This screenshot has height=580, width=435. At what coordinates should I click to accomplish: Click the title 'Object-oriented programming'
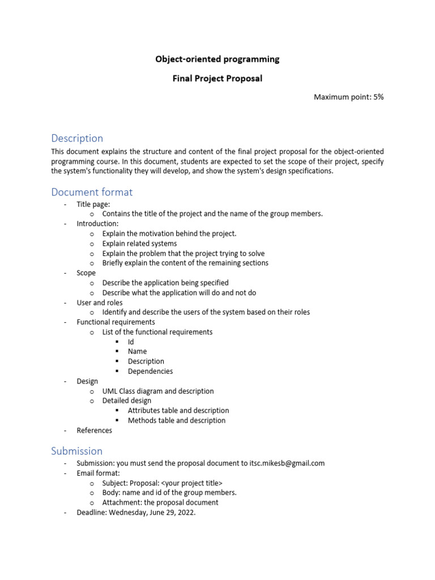click(217, 59)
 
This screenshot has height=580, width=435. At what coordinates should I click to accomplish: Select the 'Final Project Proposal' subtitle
click(217, 79)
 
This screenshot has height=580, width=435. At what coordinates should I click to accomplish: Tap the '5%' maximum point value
click(378, 97)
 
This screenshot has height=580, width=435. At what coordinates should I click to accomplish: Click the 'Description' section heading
click(77, 138)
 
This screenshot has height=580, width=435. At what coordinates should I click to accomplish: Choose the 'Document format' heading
click(92, 192)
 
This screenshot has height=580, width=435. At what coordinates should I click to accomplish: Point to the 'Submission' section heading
click(77, 451)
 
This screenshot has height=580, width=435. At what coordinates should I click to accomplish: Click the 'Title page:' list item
click(93, 204)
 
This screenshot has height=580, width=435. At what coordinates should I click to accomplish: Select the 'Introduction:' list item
click(97, 224)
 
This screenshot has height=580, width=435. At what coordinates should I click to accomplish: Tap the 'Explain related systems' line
click(139, 244)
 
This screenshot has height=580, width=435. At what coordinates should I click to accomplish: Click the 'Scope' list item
click(86, 273)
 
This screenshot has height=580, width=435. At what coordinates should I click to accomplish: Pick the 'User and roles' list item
click(100, 302)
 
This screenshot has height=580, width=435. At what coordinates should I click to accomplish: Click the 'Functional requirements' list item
click(116, 322)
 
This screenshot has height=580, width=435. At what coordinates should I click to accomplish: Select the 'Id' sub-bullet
click(131, 342)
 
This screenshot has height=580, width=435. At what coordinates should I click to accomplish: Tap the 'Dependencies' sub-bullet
click(150, 371)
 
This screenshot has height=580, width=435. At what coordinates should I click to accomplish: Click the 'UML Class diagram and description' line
click(158, 391)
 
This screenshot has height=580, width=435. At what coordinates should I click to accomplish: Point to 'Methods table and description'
click(177, 420)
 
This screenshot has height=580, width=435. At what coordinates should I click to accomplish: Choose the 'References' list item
click(95, 430)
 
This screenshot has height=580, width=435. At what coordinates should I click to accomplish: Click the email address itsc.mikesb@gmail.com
click(287, 463)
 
